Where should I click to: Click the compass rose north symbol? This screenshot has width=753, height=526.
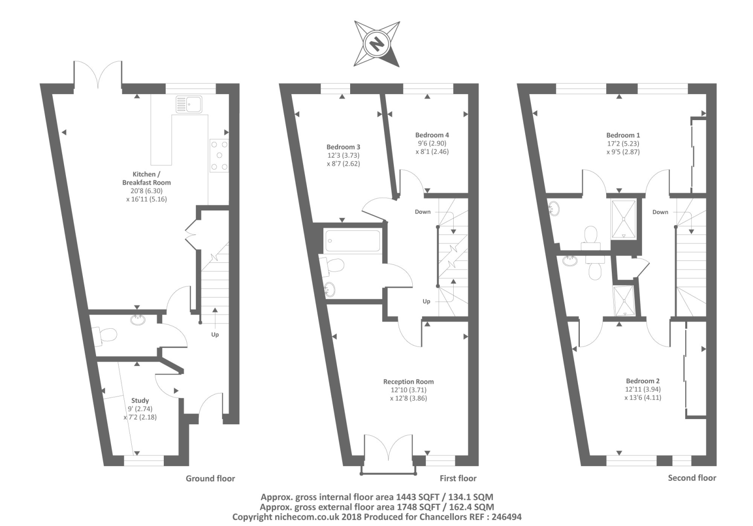pyautogui.click(x=376, y=44)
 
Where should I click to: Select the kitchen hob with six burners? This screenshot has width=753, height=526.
pyautogui.click(x=218, y=156)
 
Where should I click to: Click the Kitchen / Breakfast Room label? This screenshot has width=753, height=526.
pyautogui.click(x=146, y=178)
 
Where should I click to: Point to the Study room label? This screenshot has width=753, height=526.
pyautogui.click(x=140, y=401)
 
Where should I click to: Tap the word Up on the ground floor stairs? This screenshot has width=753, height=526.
pyautogui.click(x=215, y=335)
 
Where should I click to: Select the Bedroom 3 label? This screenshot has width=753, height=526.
pyautogui.click(x=343, y=147)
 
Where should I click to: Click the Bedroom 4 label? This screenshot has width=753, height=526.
pyautogui.click(x=432, y=135)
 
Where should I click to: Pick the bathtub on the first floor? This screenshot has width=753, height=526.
pyautogui.click(x=352, y=241)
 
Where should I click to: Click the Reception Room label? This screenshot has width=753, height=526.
pyautogui.click(x=409, y=382)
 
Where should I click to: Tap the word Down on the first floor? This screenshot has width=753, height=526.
pyautogui.click(x=423, y=212)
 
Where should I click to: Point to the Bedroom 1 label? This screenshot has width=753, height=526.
pyautogui.click(x=623, y=135)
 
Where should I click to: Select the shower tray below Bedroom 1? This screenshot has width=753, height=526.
pyautogui.click(x=624, y=219)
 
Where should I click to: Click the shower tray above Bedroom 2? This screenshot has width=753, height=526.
pyautogui.click(x=623, y=300)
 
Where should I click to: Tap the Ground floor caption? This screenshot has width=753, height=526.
pyautogui.click(x=210, y=478)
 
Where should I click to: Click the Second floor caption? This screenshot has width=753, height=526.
pyautogui.click(x=692, y=478)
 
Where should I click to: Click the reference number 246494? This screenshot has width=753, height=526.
pyautogui.click(x=505, y=517)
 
